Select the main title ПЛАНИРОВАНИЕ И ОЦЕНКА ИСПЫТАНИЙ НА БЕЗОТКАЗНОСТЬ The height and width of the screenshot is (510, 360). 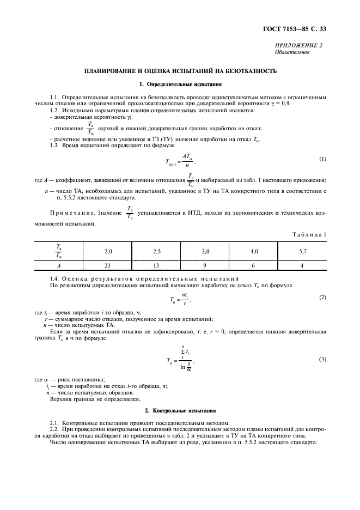coord(180,71)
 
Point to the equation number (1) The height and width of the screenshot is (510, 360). coord(322,159)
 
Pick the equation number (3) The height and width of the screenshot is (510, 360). coord(322,360)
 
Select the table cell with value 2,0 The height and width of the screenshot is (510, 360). coord(108,252)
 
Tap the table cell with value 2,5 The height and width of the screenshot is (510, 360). coord(157,252)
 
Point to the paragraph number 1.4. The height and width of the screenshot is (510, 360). coord(54,278)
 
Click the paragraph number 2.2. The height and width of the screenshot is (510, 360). coord(55,429)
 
